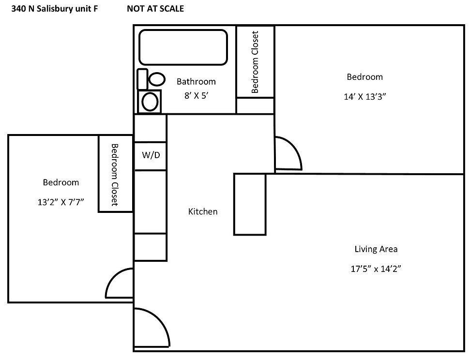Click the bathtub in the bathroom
[x=183, y=47]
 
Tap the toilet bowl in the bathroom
[x=156, y=79]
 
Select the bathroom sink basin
[x=150, y=102]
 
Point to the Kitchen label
[x=203, y=211]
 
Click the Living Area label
[x=376, y=249]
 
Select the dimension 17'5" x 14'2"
[x=376, y=269]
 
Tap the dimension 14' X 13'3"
[x=364, y=96]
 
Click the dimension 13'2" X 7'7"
[x=61, y=202]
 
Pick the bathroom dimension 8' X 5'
[x=196, y=96]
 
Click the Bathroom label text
[x=196, y=81]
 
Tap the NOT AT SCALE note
[x=155, y=8]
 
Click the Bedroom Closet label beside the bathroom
[x=256, y=62]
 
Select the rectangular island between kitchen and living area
[x=250, y=204]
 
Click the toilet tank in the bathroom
[x=142, y=79]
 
